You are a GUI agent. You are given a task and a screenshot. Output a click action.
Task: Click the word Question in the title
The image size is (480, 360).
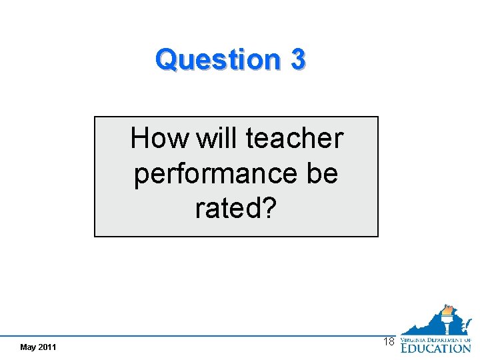click(x=218, y=59)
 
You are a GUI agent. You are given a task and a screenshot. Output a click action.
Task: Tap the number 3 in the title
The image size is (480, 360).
click(x=297, y=59)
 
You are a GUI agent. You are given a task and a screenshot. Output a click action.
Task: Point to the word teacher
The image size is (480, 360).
click(x=295, y=139)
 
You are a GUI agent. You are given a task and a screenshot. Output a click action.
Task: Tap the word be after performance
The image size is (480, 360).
click(x=322, y=173)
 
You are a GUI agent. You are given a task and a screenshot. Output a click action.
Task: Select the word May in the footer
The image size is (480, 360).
click(x=28, y=347)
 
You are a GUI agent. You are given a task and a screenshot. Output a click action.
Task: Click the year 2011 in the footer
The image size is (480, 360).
click(x=47, y=347)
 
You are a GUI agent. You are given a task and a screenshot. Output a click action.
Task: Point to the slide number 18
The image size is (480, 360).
click(x=389, y=341)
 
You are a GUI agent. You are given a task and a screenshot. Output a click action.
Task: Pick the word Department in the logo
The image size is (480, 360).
click(x=450, y=339)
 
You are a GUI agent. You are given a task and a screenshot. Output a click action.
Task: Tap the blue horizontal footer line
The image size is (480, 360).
click(x=200, y=335)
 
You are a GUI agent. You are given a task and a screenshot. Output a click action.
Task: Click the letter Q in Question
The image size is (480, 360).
click(x=165, y=59)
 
